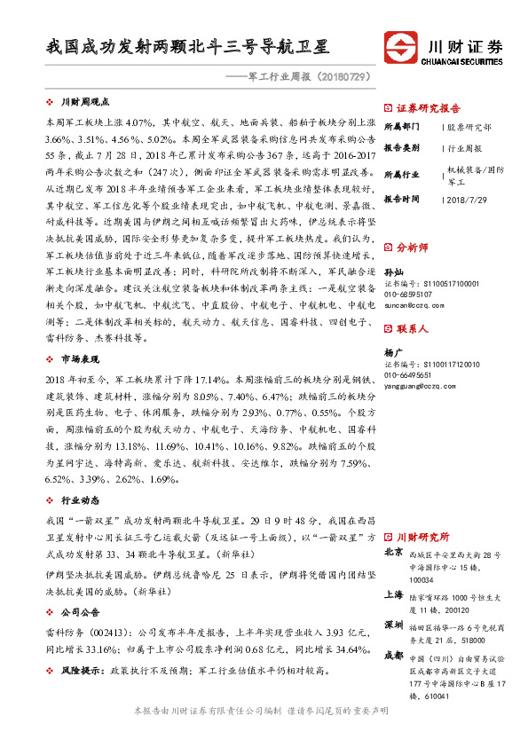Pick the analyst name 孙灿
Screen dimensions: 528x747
pos(393,271)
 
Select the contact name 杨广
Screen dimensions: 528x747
pos(393,351)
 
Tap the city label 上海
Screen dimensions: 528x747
pos(393,594)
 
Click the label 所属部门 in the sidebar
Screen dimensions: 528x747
pos(403,127)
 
